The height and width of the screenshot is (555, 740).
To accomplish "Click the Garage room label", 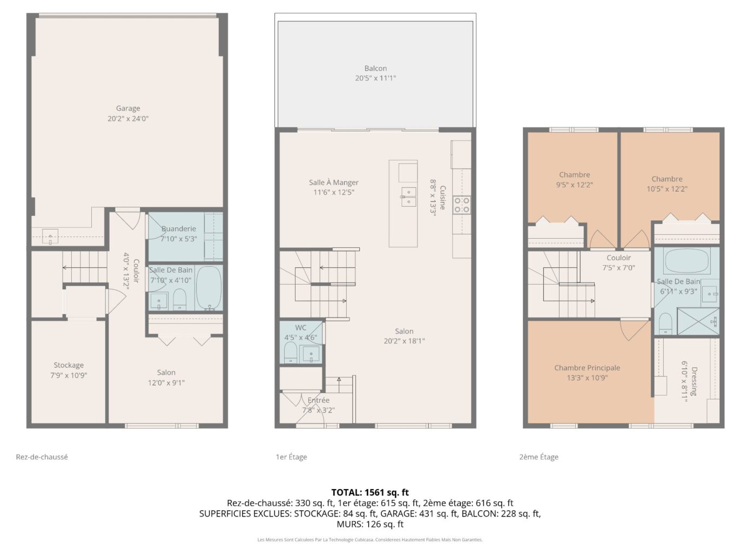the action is [x=128, y=108].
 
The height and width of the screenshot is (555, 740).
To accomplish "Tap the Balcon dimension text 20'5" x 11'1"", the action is [x=375, y=78].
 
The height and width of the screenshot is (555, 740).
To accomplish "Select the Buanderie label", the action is [x=179, y=228].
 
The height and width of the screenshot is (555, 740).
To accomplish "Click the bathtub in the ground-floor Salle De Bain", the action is [x=208, y=288].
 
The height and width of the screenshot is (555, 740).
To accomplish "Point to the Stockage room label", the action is [x=69, y=366].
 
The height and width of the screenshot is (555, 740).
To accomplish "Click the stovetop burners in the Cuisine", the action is [x=461, y=205].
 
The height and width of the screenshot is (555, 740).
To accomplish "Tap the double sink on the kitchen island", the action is [x=408, y=197].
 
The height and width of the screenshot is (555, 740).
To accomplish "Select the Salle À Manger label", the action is [x=333, y=182].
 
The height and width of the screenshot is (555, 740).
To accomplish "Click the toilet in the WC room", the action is [x=290, y=353].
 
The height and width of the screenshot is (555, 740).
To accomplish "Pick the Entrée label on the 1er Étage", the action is [x=318, y=401].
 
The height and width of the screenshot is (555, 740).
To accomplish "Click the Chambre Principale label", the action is [x=587, y=368].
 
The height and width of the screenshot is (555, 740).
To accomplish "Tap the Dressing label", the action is [x=694, y=381].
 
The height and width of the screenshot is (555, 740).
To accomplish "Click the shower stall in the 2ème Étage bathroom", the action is [x=698, y=321].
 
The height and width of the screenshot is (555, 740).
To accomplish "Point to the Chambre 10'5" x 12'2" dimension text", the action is [x=667, y=189].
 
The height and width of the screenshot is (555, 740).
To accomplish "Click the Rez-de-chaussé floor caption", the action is [x=42, y=457].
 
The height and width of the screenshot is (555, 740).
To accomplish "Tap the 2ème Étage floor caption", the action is [x=539, y=457].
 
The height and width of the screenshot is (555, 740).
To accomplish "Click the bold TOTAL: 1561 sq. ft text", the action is [x=370, y=492].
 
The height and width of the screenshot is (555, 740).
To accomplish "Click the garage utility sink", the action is [x=50, y=236].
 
